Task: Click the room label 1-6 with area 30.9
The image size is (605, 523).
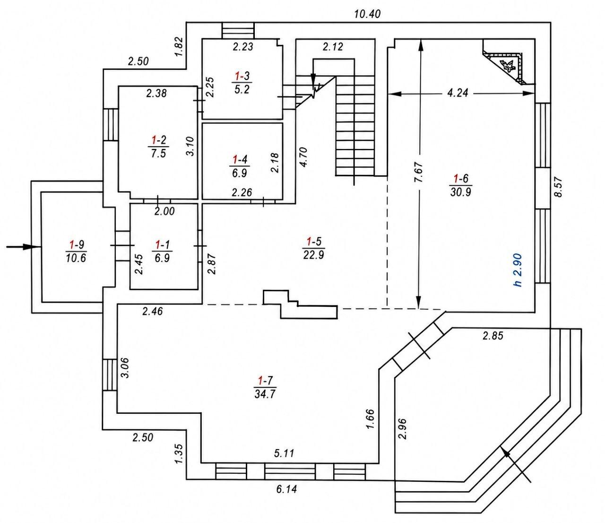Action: click(460, 185)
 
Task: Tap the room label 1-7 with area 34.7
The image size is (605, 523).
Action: click(265, 387)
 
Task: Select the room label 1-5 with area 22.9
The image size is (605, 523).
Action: click(314, 248)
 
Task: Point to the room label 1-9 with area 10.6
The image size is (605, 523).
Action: click(76, 251)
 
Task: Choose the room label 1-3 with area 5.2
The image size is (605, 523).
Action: click(242, 83)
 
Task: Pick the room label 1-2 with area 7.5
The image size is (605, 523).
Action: click(158, 146)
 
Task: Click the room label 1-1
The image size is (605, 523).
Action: click(163, 251)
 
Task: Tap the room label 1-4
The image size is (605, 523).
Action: click(240, 166)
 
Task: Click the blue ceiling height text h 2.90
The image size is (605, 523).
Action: click(518, 270)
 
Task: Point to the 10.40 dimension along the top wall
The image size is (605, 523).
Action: click(367, 14)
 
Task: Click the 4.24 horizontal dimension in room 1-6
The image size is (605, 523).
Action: click(458, 93)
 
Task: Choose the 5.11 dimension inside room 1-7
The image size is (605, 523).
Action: click(284, 453)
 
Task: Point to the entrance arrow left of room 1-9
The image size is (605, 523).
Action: click(24, 247)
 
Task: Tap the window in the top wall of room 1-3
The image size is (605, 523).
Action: click(238, 30)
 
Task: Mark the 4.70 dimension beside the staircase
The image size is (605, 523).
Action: click(304, 157)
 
